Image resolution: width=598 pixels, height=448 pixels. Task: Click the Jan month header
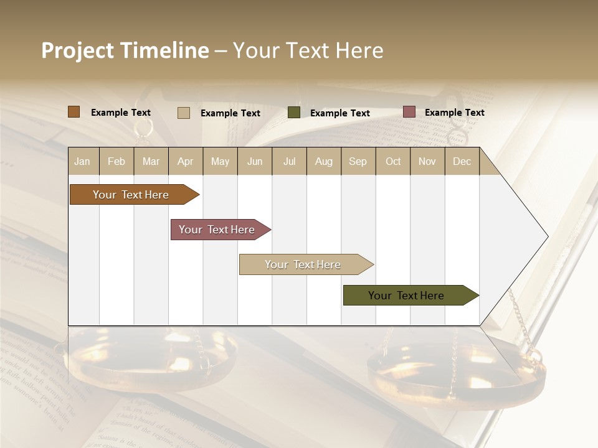click(82, 161)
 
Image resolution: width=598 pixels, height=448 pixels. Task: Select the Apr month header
click(186, 161)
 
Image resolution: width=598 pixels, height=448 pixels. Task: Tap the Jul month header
click(289, 161)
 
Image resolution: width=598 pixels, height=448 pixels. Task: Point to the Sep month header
click(358, 161)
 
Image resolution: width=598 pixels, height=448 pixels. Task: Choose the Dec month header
click(462, 161)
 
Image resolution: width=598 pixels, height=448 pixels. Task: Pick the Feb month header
click(116, 161)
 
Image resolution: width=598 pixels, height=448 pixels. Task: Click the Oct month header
click(393, 161)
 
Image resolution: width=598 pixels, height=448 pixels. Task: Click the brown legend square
click(74, 112)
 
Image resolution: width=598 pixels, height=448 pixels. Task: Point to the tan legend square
click(184, 113)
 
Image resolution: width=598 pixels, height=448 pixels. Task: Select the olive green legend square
click(294, 113)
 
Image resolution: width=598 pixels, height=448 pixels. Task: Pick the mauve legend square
click(409, 112)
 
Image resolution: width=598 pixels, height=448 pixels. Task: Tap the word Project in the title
click(78, 50)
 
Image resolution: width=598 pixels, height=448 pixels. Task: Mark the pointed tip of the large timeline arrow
click(547, 236)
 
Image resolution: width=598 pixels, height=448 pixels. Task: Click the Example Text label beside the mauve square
click(454, 113)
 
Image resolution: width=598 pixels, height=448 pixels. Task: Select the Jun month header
click(255, 161)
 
